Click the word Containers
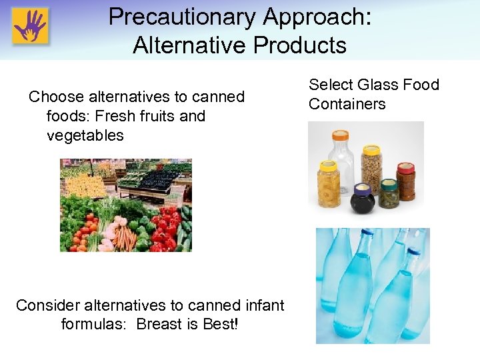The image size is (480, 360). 347,104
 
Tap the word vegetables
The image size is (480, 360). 85,135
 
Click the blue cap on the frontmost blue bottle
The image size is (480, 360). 414,253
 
